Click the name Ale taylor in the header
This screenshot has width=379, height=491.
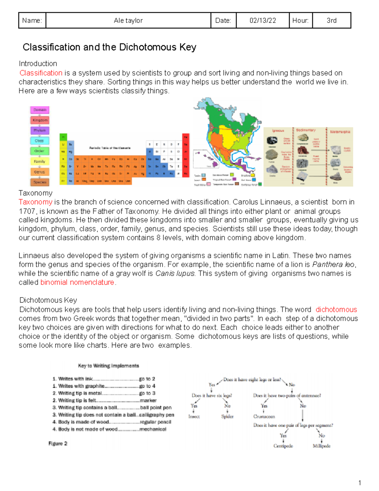(128, 21)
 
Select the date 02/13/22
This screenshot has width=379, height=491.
(262, 21)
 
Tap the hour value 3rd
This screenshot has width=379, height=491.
(331, 21)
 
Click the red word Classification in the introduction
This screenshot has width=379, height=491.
(41, 73)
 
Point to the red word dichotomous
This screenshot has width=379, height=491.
(336, 310)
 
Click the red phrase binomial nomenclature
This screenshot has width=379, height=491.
(77, 282)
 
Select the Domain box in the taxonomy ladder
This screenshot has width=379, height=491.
(40, 110)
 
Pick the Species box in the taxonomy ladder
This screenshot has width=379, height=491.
(40, 182)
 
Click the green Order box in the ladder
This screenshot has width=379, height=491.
(39, 151)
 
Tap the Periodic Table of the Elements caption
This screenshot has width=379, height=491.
(110, 148)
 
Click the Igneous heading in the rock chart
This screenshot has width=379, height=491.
(278, 130)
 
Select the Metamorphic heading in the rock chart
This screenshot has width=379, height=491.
(340, 132)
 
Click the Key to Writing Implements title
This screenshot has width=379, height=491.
(108, 366)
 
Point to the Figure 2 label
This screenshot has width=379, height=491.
(58, 444)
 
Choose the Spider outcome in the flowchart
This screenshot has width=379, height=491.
(227, 416)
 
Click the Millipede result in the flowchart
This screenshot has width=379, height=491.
(321, 446)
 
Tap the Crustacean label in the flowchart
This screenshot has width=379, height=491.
(264, 416)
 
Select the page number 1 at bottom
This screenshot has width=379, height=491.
(359, 482)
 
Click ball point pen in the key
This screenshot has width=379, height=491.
(156, 408)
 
